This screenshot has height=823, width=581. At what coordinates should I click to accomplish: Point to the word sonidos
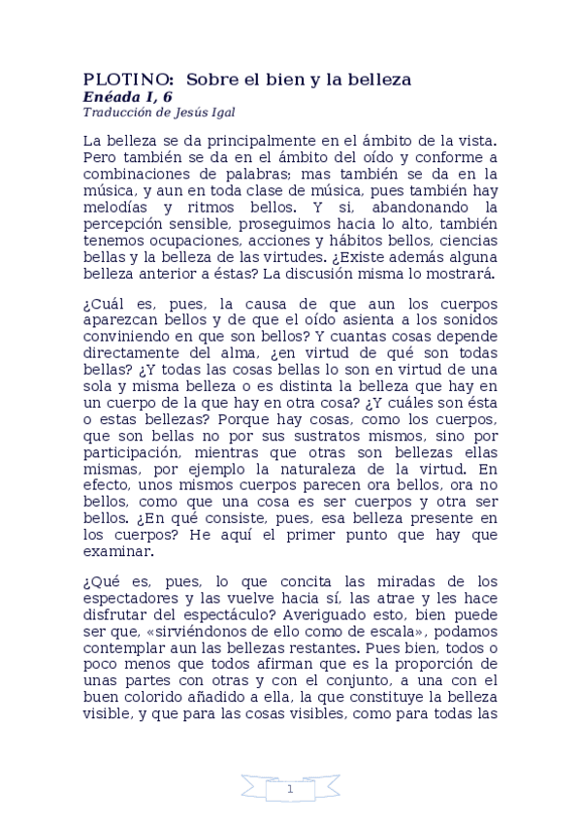471,321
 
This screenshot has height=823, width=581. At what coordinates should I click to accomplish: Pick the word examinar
117,550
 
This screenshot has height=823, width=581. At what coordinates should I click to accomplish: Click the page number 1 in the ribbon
290,790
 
